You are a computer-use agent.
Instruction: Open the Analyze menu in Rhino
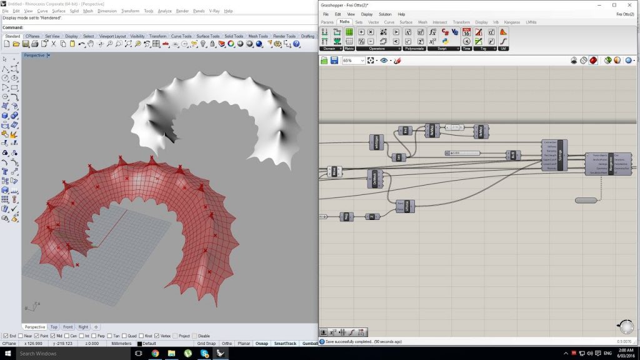pos(165,11)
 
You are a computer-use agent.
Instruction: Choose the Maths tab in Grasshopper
pos(344,22)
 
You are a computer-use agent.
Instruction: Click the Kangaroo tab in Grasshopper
pos(512,22)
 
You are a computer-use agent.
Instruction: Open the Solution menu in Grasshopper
pos(385,14)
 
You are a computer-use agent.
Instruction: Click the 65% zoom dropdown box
pos(352,61)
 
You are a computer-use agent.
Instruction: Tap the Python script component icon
pos(445,41)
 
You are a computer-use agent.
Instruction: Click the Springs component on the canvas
pos(559,155)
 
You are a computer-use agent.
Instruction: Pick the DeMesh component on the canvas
pos(374,179)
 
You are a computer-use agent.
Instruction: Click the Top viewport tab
pos(54,327)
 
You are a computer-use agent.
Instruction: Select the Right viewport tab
pos(83,327)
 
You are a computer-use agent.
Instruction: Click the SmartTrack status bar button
pos(284,343)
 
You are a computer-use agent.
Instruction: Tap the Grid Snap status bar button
pos(206,343)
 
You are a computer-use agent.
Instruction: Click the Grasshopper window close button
pos(630,5)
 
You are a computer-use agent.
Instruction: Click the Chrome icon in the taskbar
pos(155,354)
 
